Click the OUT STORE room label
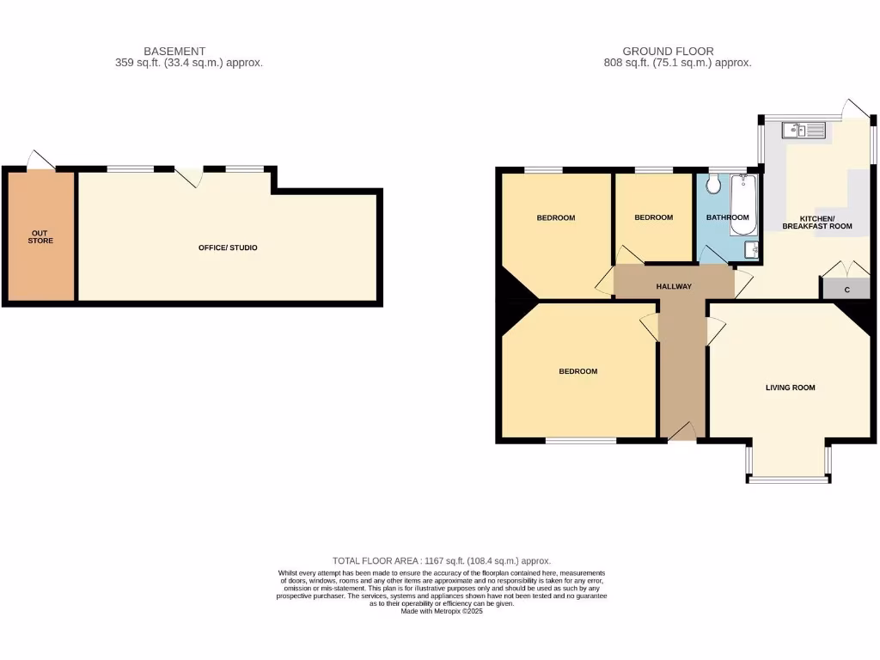pos(40,236)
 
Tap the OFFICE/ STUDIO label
pos(228,247)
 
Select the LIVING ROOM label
pos(791,388)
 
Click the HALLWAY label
pos(674,286)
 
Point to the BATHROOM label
pos(727,217)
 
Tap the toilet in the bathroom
pos(712,184)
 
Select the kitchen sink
pos(803,130)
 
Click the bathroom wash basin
pos(751,249)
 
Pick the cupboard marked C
pos(846,290)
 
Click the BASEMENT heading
pos(174,52)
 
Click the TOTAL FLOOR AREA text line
pos(442,560)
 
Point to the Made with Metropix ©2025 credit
pos(442,611)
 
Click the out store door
pos(40,161)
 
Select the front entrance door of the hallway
pos(681,433)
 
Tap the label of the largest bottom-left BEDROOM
pos(577,371)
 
